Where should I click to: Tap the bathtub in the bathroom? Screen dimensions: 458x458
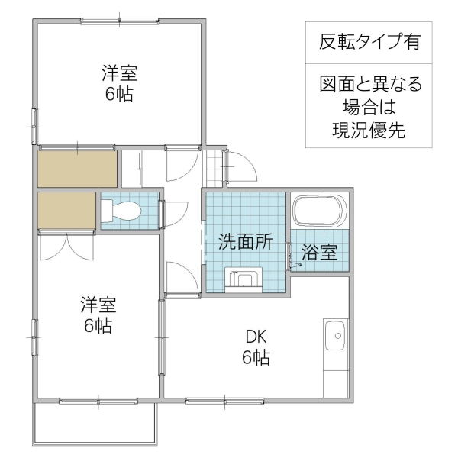319,210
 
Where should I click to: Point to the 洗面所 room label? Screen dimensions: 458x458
245,243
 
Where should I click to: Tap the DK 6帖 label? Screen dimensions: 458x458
256,346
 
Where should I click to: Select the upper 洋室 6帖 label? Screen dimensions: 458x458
120,85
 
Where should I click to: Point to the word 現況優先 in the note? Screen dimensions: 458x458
369,128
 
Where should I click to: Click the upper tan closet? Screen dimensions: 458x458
77,169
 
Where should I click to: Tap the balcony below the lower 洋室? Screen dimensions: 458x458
95,422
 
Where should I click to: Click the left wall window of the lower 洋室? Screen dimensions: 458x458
34,336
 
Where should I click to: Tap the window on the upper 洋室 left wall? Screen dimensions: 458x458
34,122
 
